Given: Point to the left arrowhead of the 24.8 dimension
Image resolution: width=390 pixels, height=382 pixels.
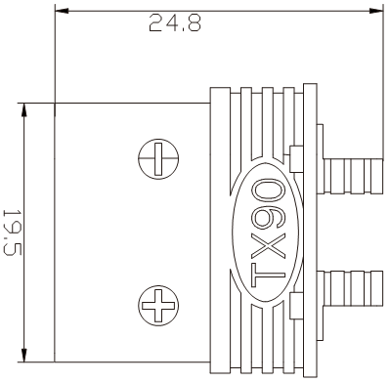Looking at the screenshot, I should [62, 11].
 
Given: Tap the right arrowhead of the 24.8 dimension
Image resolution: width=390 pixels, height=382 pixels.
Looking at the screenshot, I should [376, 11].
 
